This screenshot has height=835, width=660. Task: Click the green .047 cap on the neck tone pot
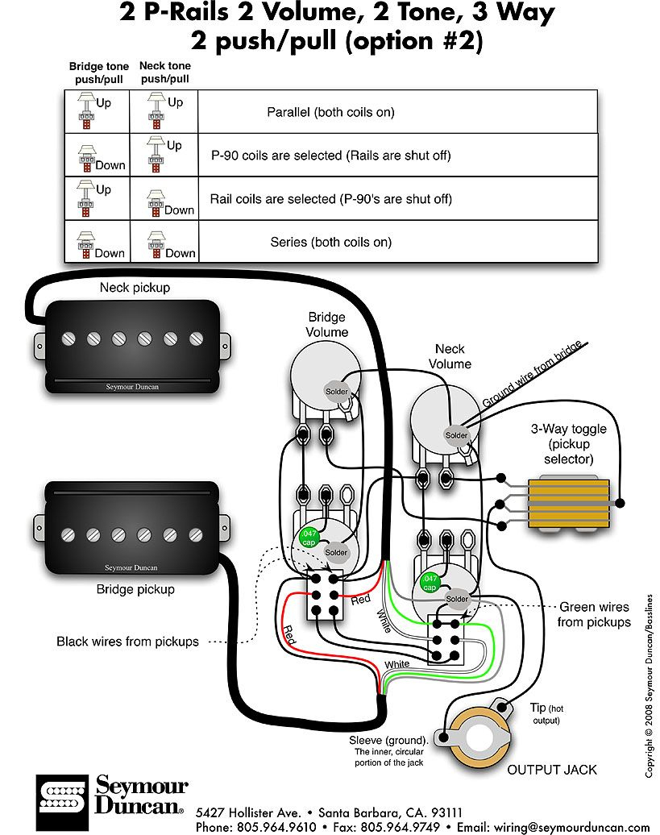click(430, 582)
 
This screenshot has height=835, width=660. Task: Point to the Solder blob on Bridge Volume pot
click(336, 392)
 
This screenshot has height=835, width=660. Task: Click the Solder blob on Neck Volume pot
click(456, 435)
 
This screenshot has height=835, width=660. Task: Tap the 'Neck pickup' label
click(135, 287)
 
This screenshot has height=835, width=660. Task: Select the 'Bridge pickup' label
click(135, 589)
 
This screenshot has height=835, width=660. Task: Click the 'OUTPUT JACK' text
click(552, 770)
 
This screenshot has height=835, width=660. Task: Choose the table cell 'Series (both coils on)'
click(330, 242)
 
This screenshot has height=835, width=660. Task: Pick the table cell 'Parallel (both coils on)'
click(330, 112)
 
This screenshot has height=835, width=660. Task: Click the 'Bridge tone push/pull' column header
click(96, 73)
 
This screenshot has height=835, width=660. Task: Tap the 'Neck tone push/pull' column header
click(164, 73)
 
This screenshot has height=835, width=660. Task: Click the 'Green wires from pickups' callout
click(593, 614)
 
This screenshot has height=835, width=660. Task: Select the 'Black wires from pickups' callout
click(127, 642)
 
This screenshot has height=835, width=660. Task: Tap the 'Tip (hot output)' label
click(543, 712)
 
